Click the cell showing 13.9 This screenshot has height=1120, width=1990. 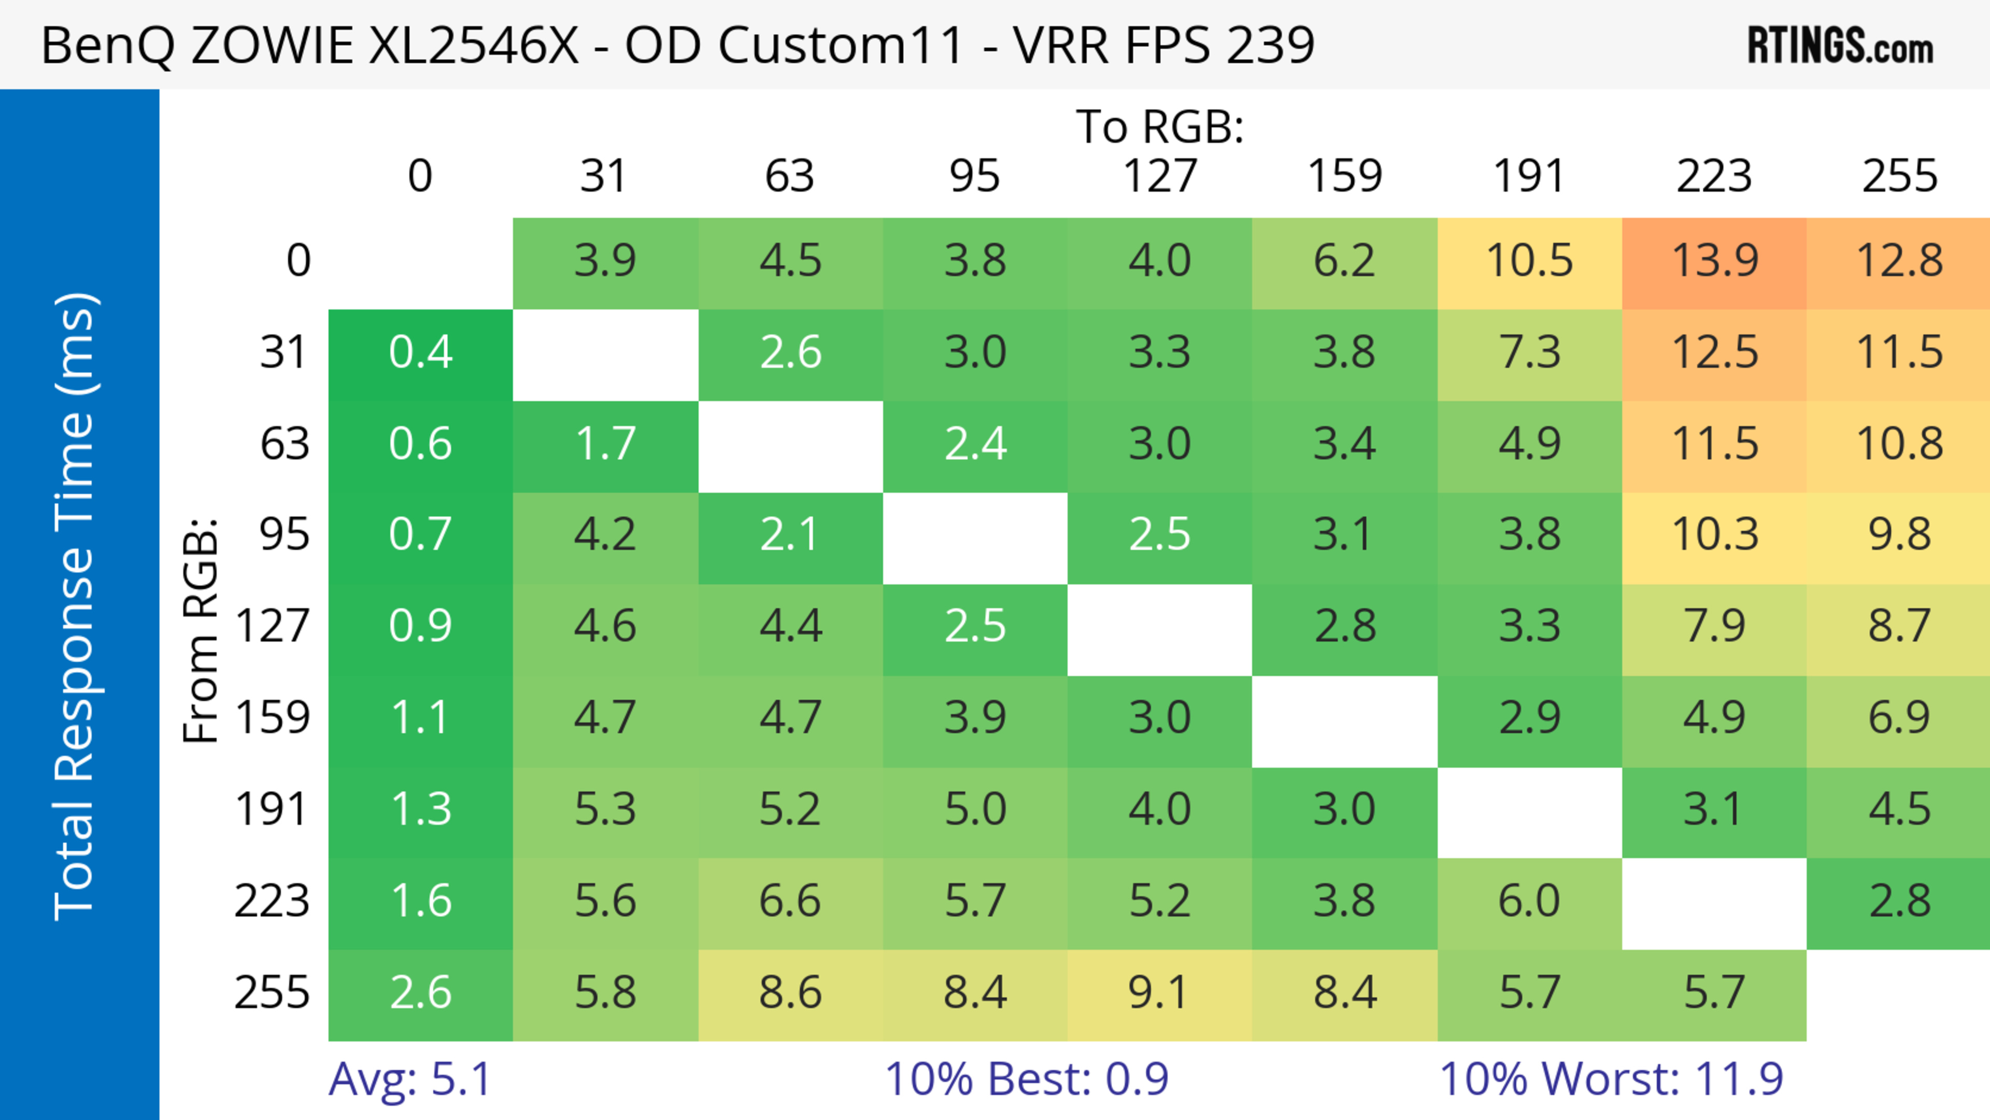point(1714,261)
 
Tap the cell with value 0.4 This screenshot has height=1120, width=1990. point(420,353)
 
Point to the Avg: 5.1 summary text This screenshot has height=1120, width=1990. point(409,1079)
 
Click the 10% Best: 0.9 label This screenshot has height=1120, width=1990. point(1026,1079)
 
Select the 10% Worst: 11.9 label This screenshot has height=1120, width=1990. point(1611,1079)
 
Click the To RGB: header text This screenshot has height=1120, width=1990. point(1160,126)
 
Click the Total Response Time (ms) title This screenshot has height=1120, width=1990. point(76,606)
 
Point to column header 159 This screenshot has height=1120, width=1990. point(1344,176)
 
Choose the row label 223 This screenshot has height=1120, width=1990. point(272,901)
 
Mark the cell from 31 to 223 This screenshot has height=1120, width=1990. point(1714,353)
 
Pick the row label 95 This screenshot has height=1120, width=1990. point(285,534)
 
